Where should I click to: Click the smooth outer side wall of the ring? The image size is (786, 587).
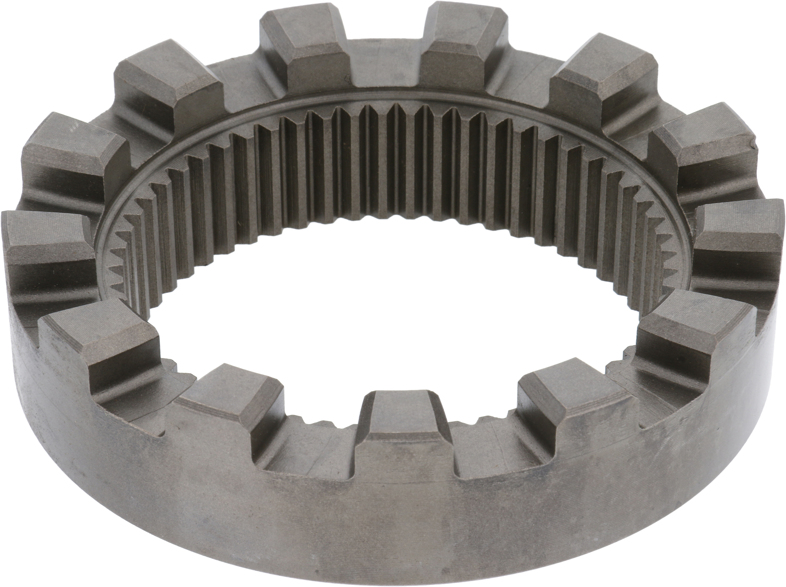391,525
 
